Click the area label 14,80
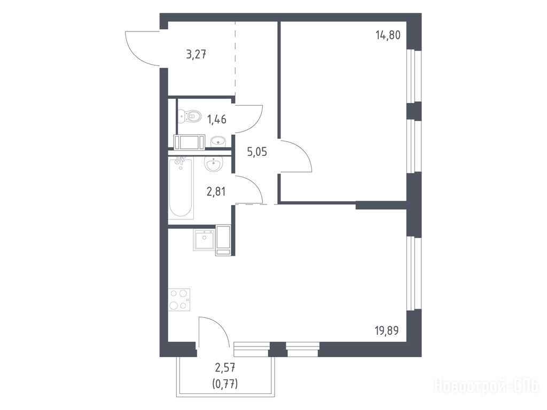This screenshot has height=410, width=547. point(388,35)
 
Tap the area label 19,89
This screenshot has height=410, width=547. point(387,330)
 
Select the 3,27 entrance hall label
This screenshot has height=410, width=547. point(197,55)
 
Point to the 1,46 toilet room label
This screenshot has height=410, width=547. point(217,120)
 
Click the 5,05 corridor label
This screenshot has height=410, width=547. point(257,152)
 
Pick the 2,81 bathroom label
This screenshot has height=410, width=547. point(216,192)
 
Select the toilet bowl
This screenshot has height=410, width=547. point(190,116)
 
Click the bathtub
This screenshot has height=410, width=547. point(181,188)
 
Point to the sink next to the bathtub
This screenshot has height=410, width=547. point(213,164)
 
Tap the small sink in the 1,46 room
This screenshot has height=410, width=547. point(218,141)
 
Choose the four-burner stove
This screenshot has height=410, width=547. point(179,300)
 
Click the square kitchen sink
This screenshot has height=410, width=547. point(204,240)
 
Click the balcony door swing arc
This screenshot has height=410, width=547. point(221,327)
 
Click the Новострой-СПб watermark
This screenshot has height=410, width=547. point(486,386)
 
